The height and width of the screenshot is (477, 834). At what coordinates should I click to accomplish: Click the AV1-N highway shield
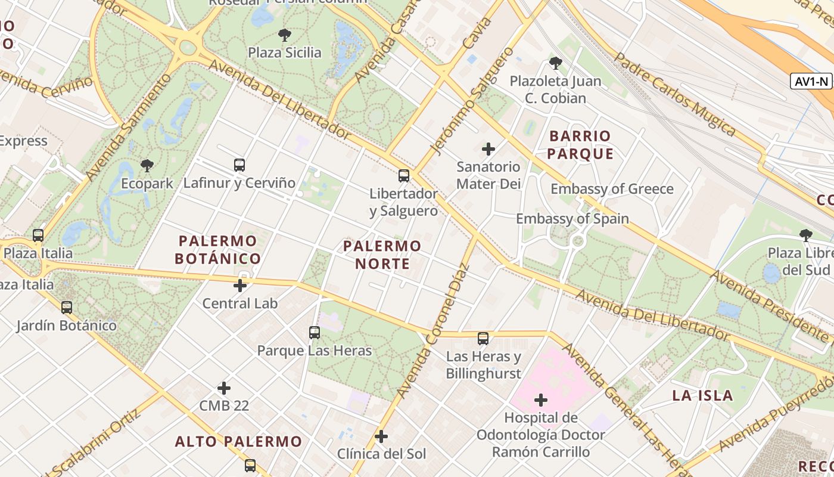pyautogui.click(x=811, y=82)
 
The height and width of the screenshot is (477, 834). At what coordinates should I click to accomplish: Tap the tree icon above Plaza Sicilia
pyautogui.click(x=285, y=35)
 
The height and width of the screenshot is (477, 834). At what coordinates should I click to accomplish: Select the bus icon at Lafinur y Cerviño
pyautogui.click(x=239, y=165)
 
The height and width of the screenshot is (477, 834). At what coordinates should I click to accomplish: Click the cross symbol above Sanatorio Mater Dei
pyautogui.click(x=488, y=148)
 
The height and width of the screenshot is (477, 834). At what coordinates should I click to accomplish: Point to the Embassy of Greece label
pyautogui.click(x=612, y=189)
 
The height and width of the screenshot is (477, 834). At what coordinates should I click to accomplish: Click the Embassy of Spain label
pyautogui.click(x=572, y=219)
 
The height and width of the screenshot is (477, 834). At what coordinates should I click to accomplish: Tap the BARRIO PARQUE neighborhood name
pyautogui.click(x=580, y=145)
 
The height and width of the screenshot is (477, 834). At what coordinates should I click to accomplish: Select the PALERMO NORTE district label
pyautogui.click(x=382, y=255)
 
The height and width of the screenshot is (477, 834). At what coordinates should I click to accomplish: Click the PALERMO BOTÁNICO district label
pyautogui.click(x=218, y=250)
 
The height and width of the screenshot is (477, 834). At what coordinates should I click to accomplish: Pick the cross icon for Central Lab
pyautogui.click(x=240, y=286)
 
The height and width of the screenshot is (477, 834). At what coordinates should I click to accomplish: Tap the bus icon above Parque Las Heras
pyautogui.click(x=315, y=333)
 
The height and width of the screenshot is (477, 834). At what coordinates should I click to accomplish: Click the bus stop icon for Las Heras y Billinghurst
pyautogui.click(x=483, y=339)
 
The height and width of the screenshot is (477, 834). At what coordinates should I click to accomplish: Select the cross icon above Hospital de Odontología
pyautogui.click(x=541, y=400)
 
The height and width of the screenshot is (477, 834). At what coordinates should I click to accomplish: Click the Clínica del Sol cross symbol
pyautogui.click(x=381, y=436)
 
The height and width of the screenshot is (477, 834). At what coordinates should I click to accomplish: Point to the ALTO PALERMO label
pyautogui.click(x=238, y=442)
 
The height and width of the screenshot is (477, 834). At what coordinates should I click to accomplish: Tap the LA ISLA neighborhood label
pyautogui.click(x=702, y=395)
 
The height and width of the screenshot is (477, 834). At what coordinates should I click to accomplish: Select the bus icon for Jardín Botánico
pyautogui.click(x=67, y=308)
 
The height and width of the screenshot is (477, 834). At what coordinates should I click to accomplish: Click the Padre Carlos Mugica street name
pyautogui.click(x=675, y=94)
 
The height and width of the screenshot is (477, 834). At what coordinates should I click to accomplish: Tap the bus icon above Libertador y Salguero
pyautogui.click(x=404, y=176)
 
